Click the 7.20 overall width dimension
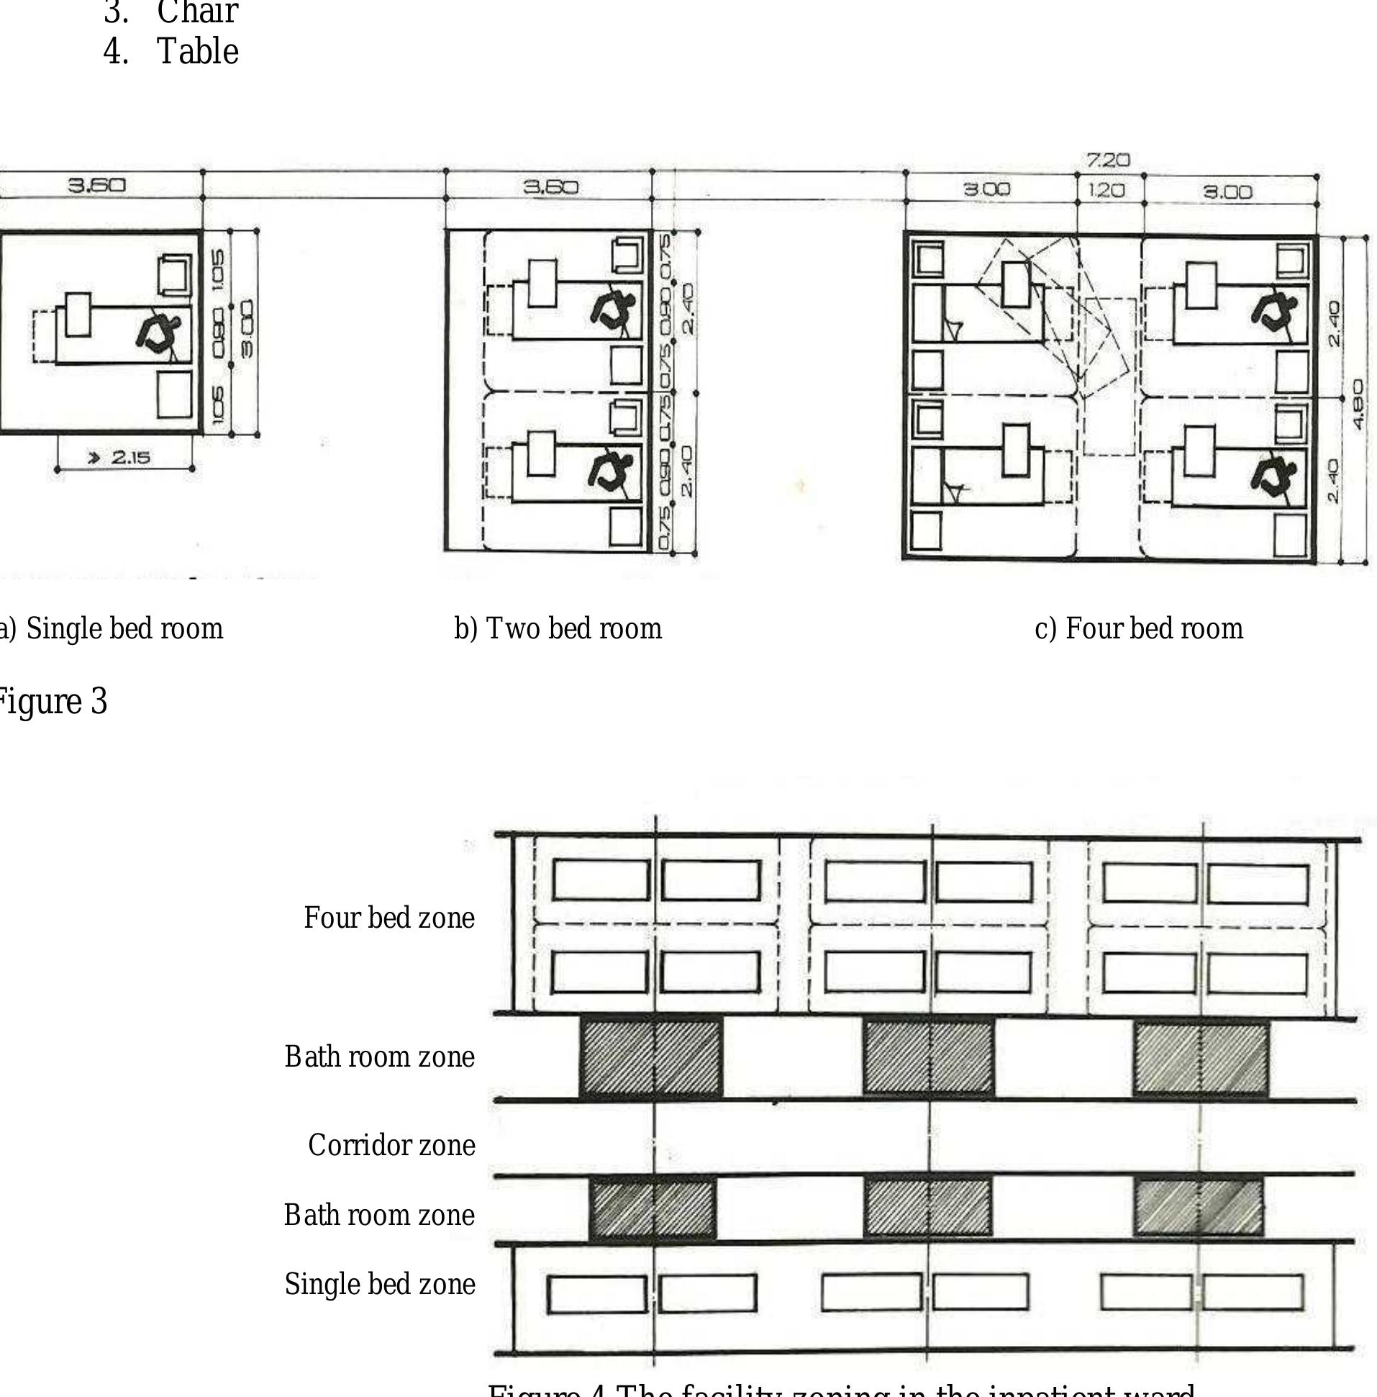(x=1107, y=160)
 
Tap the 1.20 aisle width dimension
(x=1106, y=191)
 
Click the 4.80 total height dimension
(x=1358, y=404)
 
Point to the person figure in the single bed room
(x=159, y=334)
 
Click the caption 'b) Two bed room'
(x=558, y=628)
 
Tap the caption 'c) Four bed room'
(x=1138, y=628)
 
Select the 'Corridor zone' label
(x=391, y=1145)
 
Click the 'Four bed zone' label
(x=389, y=918)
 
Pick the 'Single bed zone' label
(x=379, y=1284)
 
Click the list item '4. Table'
(x=171, y=51)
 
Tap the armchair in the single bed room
(x=175, y=274)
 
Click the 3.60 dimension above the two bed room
(x=551, y=187)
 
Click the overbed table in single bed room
(x=78, y=315)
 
